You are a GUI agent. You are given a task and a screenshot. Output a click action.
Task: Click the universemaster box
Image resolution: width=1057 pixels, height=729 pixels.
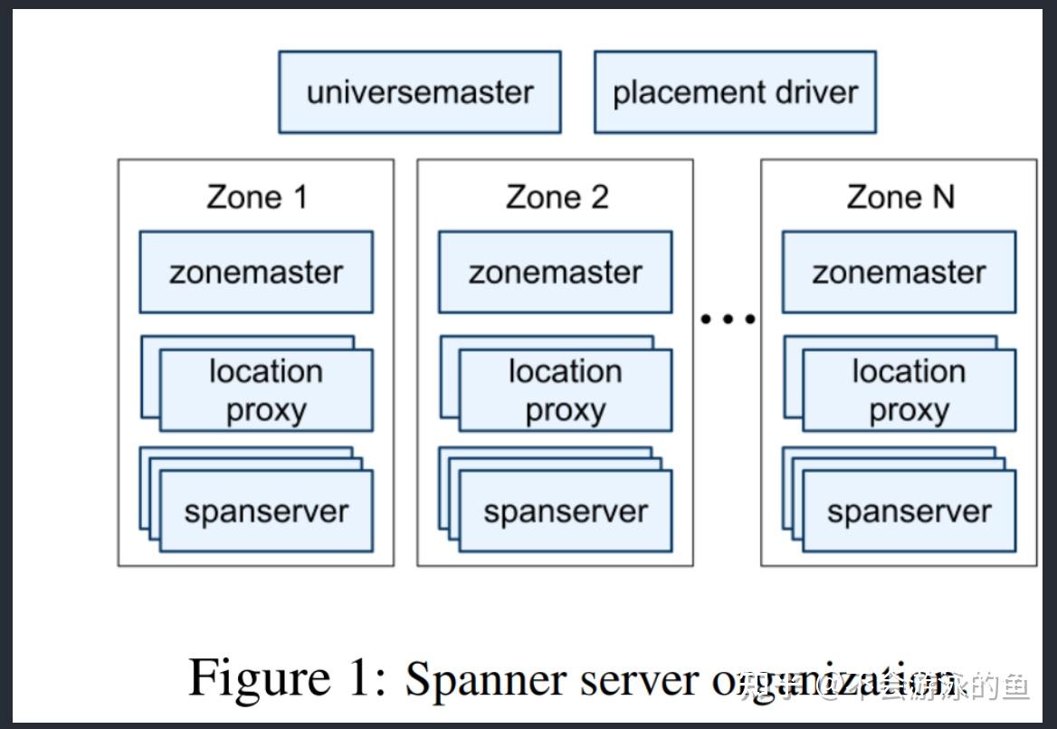pos(419,92)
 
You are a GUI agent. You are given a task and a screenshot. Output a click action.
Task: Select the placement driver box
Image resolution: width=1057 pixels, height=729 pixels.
pos(735,92)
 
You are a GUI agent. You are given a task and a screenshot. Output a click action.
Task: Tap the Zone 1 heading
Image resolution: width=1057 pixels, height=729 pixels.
pos(257,197)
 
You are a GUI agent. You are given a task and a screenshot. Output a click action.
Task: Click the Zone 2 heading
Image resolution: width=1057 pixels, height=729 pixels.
pos(557,197)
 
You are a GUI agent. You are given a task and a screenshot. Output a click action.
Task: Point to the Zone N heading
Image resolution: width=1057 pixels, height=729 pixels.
pos(900,197)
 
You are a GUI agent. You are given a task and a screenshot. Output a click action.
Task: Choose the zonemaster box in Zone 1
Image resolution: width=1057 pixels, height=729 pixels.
pos(256,273)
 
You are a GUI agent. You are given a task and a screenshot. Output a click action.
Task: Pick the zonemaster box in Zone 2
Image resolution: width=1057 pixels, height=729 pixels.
pos(556,273)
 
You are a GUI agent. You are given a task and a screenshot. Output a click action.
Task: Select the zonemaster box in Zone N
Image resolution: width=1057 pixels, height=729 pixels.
pos(899,273)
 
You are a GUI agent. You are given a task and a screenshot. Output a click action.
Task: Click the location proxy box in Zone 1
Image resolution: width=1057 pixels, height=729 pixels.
pos(266,391)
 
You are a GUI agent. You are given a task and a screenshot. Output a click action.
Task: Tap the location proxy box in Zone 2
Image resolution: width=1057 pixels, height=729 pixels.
pos(566,391)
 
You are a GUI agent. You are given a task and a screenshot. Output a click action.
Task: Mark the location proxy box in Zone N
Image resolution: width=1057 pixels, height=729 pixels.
pos(909,391)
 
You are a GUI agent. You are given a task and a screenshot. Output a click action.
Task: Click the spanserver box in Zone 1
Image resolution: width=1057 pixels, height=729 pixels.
pos(266,512)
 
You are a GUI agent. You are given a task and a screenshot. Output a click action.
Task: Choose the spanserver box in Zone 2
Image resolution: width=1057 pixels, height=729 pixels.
pos(566,512)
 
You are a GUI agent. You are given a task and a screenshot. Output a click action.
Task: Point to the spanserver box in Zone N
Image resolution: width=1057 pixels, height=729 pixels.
pos(909,512)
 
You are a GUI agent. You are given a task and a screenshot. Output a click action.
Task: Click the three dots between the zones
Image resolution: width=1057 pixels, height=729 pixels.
pos(728,319)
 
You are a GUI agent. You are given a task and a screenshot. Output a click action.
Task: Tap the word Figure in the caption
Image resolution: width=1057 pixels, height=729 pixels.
pos(260,678)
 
